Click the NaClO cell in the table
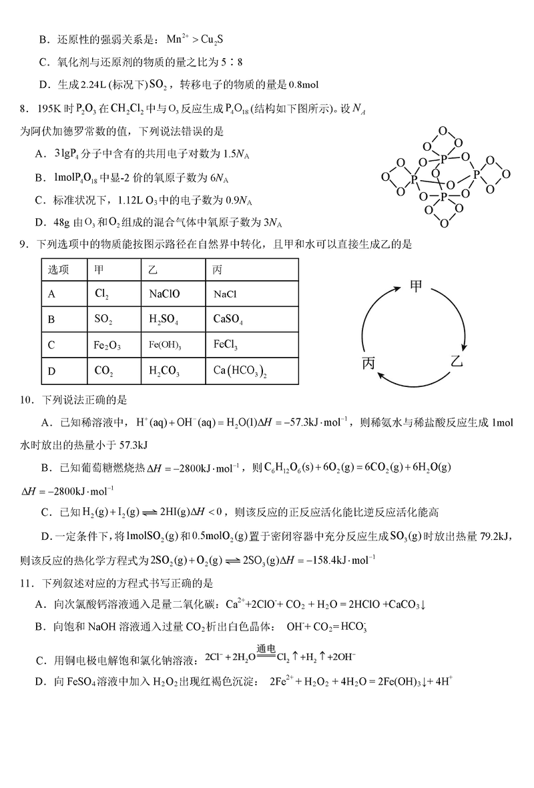point(164,294)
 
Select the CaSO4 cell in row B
point(228,320)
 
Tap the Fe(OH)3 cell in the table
point(164,346)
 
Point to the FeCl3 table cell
point(226,346)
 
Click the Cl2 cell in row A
point(102,294)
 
